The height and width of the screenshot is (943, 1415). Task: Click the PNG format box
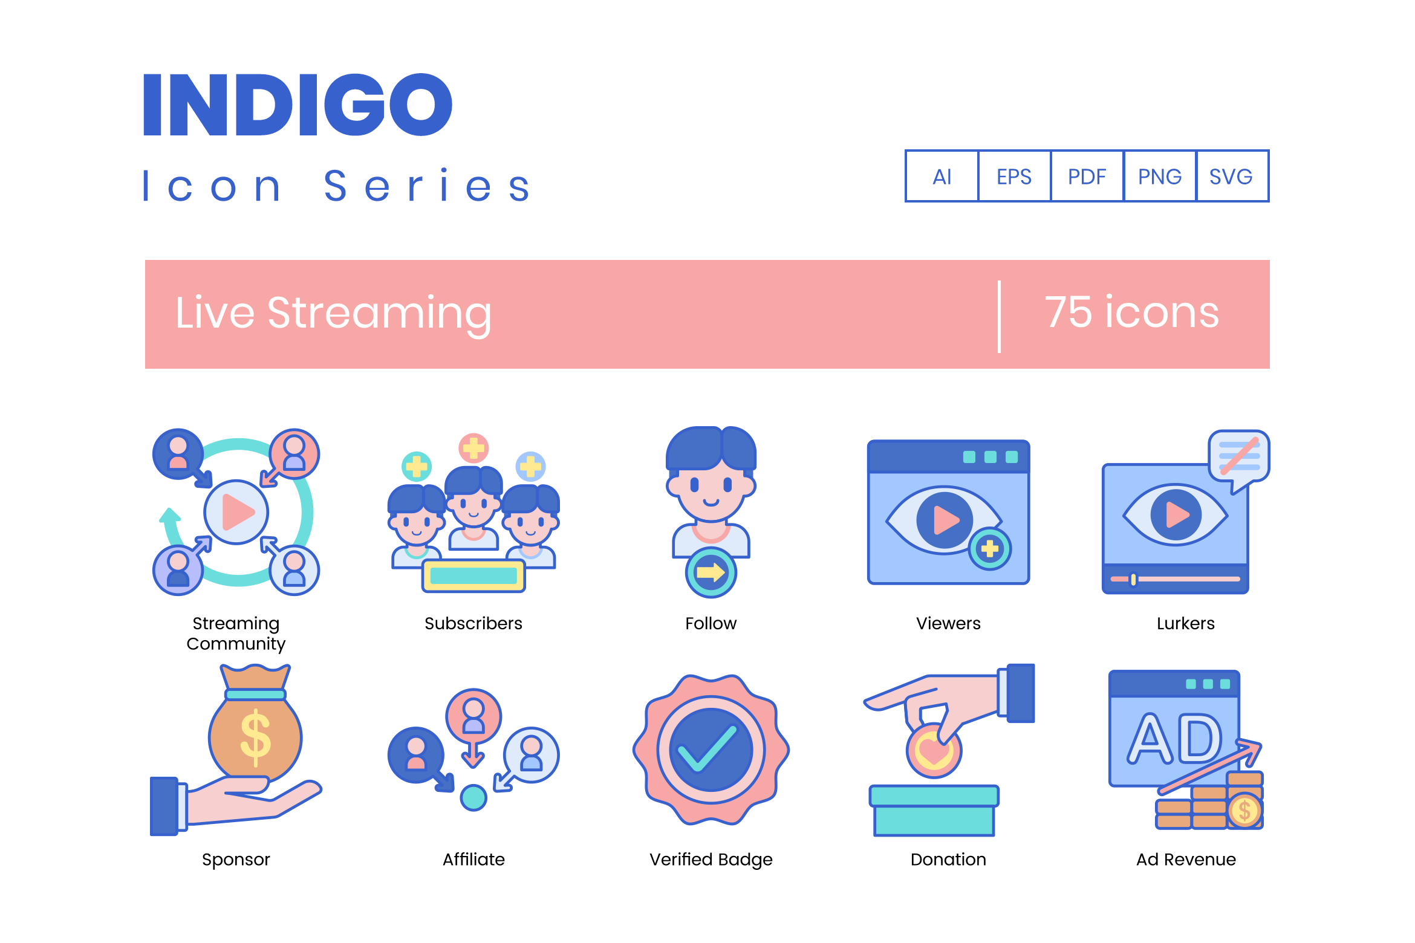pyautogui.click(x=1160, y=176)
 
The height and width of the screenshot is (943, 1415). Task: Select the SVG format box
pyautogui.click(x=1232, y=176)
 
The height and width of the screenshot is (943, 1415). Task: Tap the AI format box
pyautogui.click(x=942, y=176)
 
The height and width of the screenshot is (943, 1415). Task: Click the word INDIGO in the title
pyautogui.click(x=298, y=105)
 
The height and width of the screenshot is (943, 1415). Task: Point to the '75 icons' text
pyautogui.click(x=1131, y=313)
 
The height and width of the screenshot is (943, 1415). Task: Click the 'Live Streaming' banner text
pyautogui.click(x=333, y=314)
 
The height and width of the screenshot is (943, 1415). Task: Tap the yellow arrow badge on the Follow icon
pyautogui.click(x=711, y=572)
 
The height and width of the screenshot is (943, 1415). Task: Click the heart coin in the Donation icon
pyautogui.click(x=934, y=750)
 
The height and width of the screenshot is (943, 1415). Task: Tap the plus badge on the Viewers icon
pyautogui.click(x=990, y=549)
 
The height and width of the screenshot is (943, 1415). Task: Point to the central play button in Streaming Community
pyautogui.click(x=236, y=512)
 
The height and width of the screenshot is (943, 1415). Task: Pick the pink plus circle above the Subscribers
pyautogui.click(x=473, y=449)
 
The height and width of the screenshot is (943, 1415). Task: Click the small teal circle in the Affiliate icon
pyautogui.click(x=473, y=797)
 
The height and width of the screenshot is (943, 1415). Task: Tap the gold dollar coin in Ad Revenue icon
pyautogui.click(x=1244, y=811)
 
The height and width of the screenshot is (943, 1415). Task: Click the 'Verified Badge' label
pyautogui.click(x=711, y=860)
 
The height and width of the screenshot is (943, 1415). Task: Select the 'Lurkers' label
pyautogui.click(x=1186, y=623)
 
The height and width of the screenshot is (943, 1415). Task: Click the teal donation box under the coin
pyautogui.click(x=934, y=811)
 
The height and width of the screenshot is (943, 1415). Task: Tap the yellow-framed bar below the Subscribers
pyautogui.click(x=473, y=575)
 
